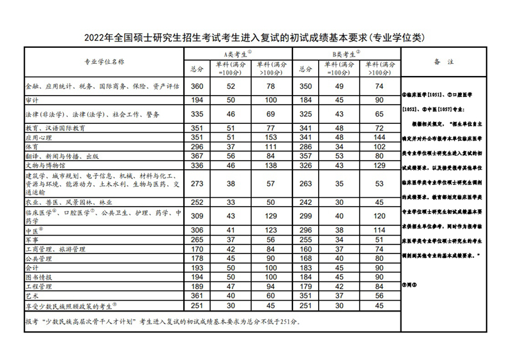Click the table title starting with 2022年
point(254,38)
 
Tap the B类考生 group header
point(346,54)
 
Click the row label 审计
point(32,100)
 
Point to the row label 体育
point(32,146)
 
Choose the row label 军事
point(32,239)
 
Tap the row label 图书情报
point(40,278)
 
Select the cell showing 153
point(271,137)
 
